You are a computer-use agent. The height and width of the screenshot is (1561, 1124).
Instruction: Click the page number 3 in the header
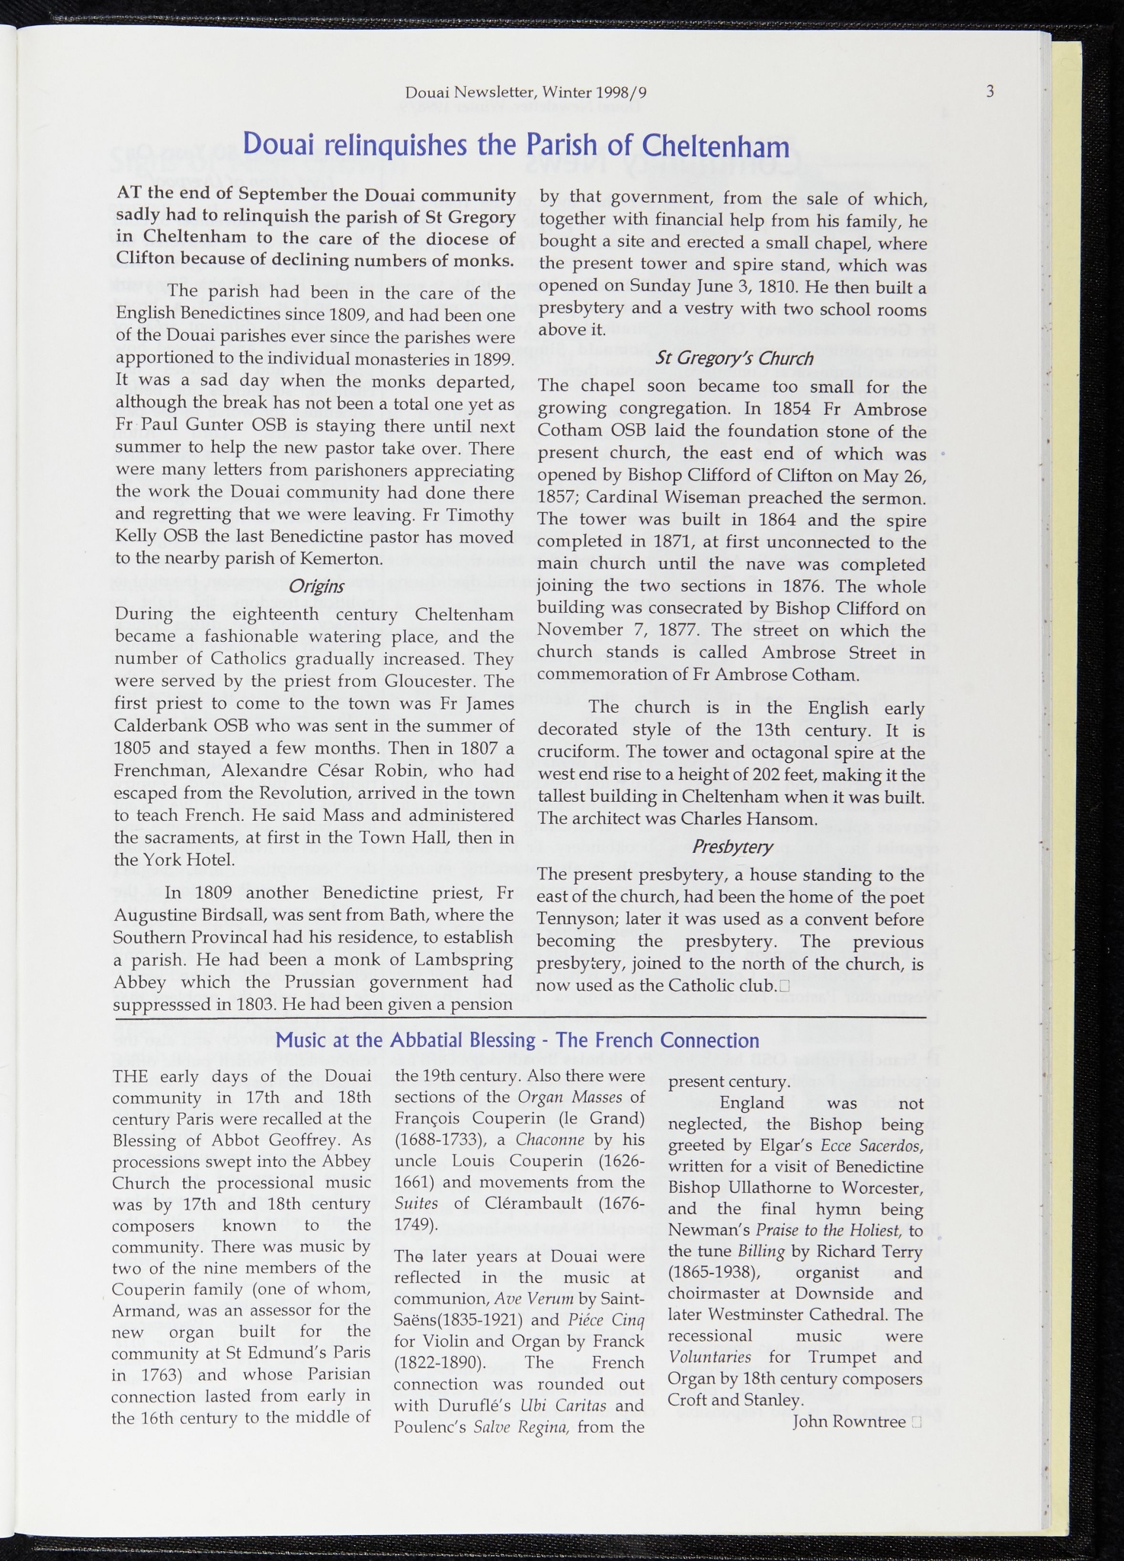coord(990,91)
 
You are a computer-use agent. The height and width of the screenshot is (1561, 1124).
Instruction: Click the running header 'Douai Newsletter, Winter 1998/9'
coord(526,93)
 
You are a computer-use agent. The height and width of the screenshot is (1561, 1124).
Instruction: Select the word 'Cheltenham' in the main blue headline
coord(715,146)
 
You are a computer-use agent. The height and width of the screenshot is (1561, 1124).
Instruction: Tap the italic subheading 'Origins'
coord(316,586)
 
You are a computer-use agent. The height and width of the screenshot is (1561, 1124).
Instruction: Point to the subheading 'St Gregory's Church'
coord(734,358)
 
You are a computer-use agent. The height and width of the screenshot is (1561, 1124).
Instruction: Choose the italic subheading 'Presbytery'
coord(732,846)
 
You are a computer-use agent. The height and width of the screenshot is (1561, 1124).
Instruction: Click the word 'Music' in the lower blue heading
coord(302,1040)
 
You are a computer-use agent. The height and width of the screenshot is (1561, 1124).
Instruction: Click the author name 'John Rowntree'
coord(849,1422)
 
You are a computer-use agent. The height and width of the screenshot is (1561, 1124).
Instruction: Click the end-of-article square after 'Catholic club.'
coord(784,986)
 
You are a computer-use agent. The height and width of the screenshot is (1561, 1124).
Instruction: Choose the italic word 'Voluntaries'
coord(709,1357)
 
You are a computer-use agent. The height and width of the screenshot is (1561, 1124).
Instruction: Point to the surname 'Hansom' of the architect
coord(784,819)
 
